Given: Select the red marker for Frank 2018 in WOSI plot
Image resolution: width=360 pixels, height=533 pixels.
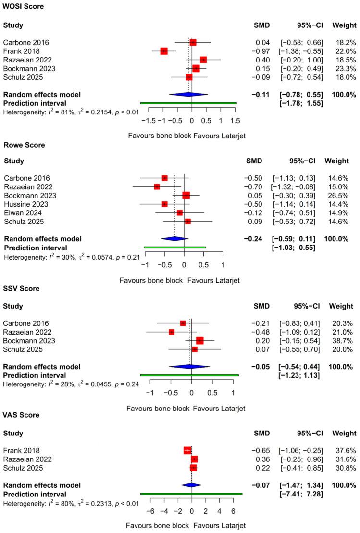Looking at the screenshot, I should coord(163,51).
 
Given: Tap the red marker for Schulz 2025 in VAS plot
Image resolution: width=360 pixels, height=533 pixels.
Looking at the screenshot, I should coord(193,468).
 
